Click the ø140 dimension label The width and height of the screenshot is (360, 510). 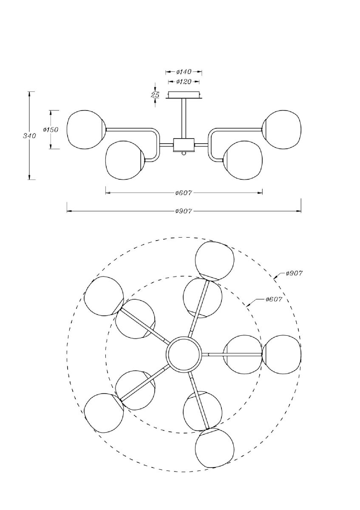point(184,72)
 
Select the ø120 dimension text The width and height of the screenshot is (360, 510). point(184,82)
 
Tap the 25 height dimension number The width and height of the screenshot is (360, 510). point(155,95)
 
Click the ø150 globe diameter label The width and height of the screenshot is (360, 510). point(51,129)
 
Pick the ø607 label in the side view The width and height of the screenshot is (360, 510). point(184,193)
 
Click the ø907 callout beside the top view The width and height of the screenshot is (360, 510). point(294,273)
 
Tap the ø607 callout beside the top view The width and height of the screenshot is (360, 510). point(273,299)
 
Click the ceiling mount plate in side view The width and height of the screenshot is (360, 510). point(184,95)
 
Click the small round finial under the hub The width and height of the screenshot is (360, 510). point(184,153)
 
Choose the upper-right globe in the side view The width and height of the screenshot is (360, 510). point(282,130)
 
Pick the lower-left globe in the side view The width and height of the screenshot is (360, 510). point(125,160)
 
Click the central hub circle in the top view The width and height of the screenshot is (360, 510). point(184,354)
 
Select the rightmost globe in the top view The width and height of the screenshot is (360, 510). point(281,354)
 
